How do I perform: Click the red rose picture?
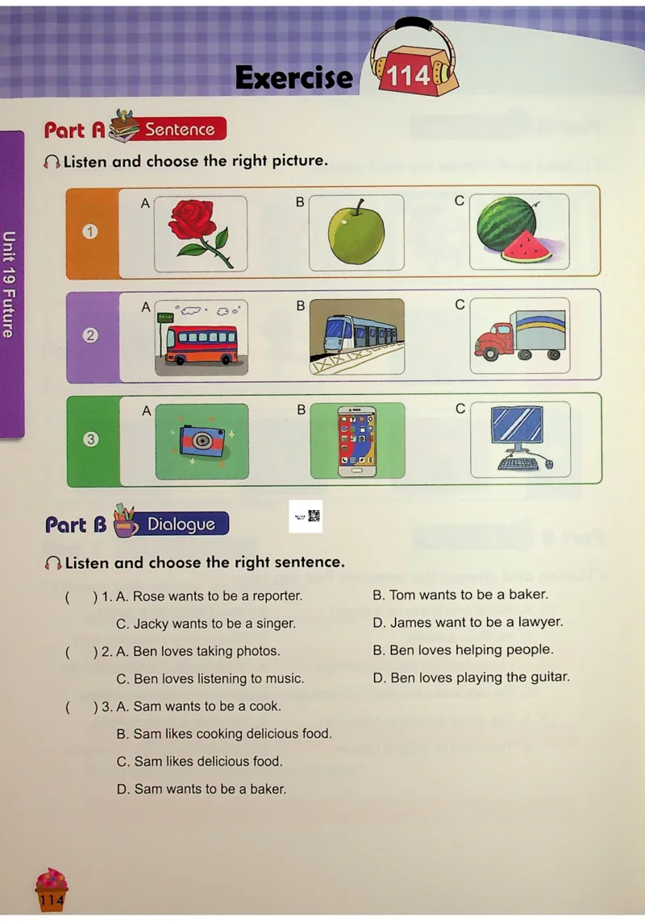[201, 234]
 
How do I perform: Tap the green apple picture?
[356, 233]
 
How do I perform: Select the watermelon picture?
[519, 231]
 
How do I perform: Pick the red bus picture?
[201, 338]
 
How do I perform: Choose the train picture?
[357, 337]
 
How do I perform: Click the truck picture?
[520, 335]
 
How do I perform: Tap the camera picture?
[202, 442]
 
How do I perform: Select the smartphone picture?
[357, 441]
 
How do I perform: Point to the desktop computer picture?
[520, 439]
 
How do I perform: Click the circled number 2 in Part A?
[90, 335]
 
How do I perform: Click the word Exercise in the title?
[294, 77]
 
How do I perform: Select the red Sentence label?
[180, 129]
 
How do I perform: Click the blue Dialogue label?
[181, 523]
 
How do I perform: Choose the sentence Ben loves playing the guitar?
[472, 677]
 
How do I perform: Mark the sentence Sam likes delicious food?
[200, 761]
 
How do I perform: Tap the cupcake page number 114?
[52, 899]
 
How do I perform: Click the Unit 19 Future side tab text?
[9, 284]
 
